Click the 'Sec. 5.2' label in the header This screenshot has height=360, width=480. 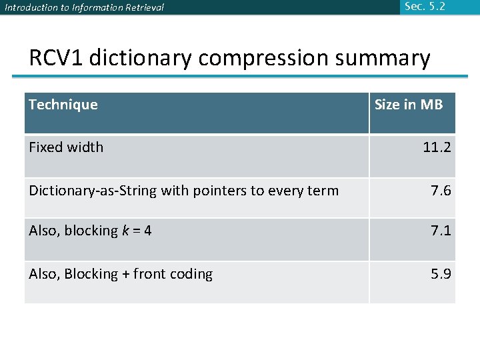click(x=424, y=7)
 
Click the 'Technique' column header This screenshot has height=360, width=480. click(x=63, y=105)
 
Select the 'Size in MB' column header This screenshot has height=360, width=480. click(x=408, y=105)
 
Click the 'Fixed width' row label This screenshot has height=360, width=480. click(x=66, y=147)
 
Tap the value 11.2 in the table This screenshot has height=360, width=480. click(x=437, y=147)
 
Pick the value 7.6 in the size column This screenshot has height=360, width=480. click(x=441, y=191)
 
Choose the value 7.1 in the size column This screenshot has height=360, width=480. click(x=441, y=231)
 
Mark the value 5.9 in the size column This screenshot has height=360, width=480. click(x=441, y=274)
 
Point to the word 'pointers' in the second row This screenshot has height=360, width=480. click(x=219, y=191)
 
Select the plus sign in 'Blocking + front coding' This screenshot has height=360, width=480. click(x=123, y=274)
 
